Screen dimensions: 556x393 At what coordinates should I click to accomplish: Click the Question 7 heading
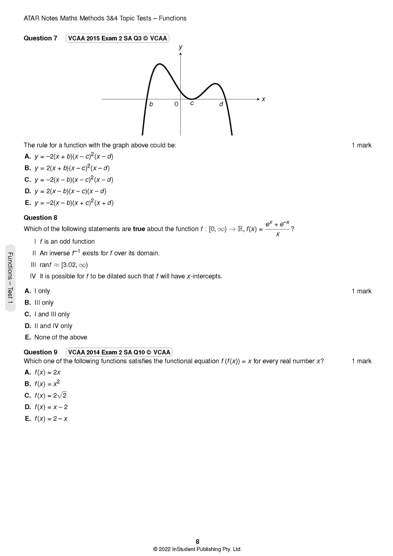40,38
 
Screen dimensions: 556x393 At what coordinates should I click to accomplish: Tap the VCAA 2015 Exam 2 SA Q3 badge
117,38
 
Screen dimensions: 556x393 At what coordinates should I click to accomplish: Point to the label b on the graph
151,104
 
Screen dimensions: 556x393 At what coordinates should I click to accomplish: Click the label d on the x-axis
221,104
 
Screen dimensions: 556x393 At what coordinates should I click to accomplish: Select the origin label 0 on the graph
176,104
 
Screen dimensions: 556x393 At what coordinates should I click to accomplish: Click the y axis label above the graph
181,47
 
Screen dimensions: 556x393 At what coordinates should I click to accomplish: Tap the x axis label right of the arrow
264,99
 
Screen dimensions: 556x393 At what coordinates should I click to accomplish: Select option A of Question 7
69,157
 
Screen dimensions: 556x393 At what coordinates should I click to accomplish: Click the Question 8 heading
40,218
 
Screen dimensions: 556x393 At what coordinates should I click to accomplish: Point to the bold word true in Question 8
139,229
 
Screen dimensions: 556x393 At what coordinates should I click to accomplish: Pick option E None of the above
56,337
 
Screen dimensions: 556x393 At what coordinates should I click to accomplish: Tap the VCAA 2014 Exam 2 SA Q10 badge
119,352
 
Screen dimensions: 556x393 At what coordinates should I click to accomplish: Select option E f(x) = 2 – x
46,419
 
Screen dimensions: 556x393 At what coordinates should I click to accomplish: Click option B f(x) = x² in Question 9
43,384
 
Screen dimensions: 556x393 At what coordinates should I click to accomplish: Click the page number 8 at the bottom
198,542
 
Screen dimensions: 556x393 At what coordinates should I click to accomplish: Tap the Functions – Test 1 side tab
10,278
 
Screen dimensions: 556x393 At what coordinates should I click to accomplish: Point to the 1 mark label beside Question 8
361,291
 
